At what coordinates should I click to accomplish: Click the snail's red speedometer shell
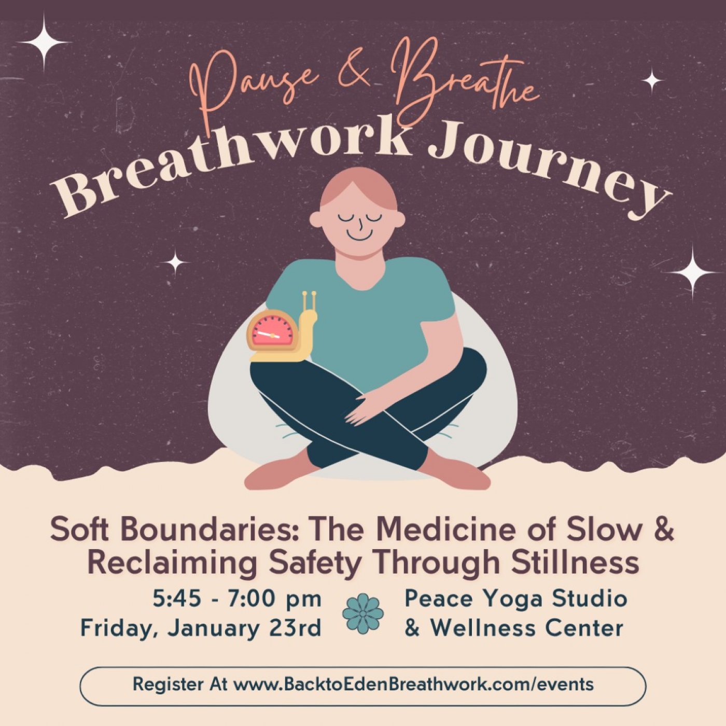[x=272, y=331]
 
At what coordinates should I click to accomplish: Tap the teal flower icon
[x=363, y=613]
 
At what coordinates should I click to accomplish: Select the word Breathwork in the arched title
[x=228, y=156]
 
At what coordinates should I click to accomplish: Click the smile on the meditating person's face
[x=359, y=234]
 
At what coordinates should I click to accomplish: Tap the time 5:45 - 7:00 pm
[x=237, y=599]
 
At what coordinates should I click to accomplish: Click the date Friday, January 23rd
[x=201, y=629]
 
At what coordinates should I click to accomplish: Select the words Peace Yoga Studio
[x=515, y=598]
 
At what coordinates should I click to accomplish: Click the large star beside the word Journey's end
[x=692, y=271]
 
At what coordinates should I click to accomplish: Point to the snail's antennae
[x=309, y=301]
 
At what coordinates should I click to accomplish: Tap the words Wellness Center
[x=526, y=629]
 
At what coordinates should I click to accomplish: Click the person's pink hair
[x=358, y=184]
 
